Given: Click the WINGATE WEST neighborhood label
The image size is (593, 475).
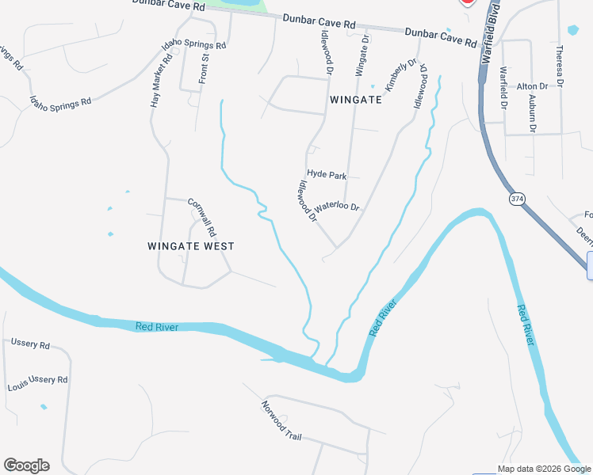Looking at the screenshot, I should coord(191,246).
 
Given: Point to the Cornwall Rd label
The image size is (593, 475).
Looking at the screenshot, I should coord(202,218).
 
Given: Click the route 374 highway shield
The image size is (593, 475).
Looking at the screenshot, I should coord(518,198).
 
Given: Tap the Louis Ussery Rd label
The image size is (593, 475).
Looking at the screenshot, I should coord(37,380).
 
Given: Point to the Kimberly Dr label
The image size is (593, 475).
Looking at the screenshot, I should coord(401,76).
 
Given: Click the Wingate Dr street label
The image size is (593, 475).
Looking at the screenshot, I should coord(362,54).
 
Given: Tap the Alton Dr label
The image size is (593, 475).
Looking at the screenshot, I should coord(532,86).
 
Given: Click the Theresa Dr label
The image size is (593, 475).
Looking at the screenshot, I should coord(560,65).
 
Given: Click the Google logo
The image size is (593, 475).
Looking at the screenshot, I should coord(26,465).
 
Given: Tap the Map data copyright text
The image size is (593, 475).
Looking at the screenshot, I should coord(544,469).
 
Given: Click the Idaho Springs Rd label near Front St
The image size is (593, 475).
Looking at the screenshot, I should coord(195,45).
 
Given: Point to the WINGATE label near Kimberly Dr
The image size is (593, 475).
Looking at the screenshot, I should coord(356,101).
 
